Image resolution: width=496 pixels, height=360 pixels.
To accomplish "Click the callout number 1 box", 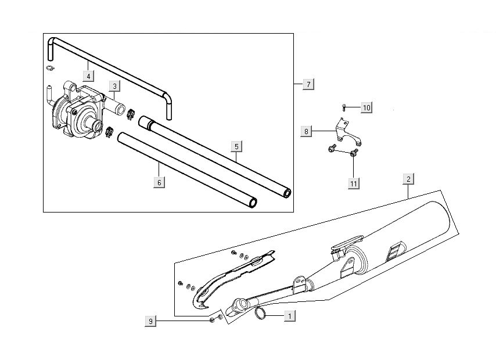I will (x=289, y=316).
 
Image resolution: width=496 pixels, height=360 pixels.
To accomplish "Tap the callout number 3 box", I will (x=115, y=87).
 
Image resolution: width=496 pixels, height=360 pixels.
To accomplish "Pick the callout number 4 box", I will (x=88, y=75).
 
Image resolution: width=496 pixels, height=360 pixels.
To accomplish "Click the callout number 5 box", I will (x=236, y=146).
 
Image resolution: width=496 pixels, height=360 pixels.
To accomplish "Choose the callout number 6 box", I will (x=159, y=182).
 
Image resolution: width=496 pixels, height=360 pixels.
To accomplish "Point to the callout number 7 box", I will (x=308, y=85).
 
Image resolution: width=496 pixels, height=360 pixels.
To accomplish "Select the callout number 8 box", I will (x=306, y=131).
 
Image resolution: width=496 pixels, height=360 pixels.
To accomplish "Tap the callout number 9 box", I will (x=150, y=321).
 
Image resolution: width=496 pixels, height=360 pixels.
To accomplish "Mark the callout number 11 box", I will (x=353, y=183).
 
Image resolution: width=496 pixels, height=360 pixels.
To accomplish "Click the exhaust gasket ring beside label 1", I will (x=261, y=314).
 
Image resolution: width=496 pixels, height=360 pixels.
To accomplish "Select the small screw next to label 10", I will (x=344, y=107).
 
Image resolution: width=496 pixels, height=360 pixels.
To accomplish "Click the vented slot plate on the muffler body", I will (x=394, y=250).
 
